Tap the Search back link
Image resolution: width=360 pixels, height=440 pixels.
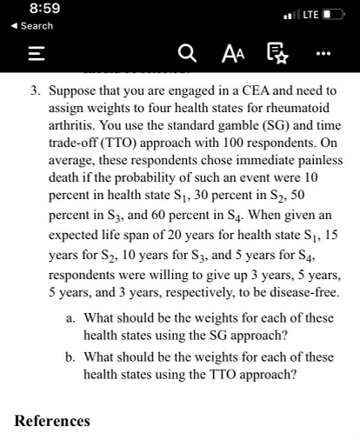pos(32,26)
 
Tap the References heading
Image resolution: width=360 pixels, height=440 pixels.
pos(52,421)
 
